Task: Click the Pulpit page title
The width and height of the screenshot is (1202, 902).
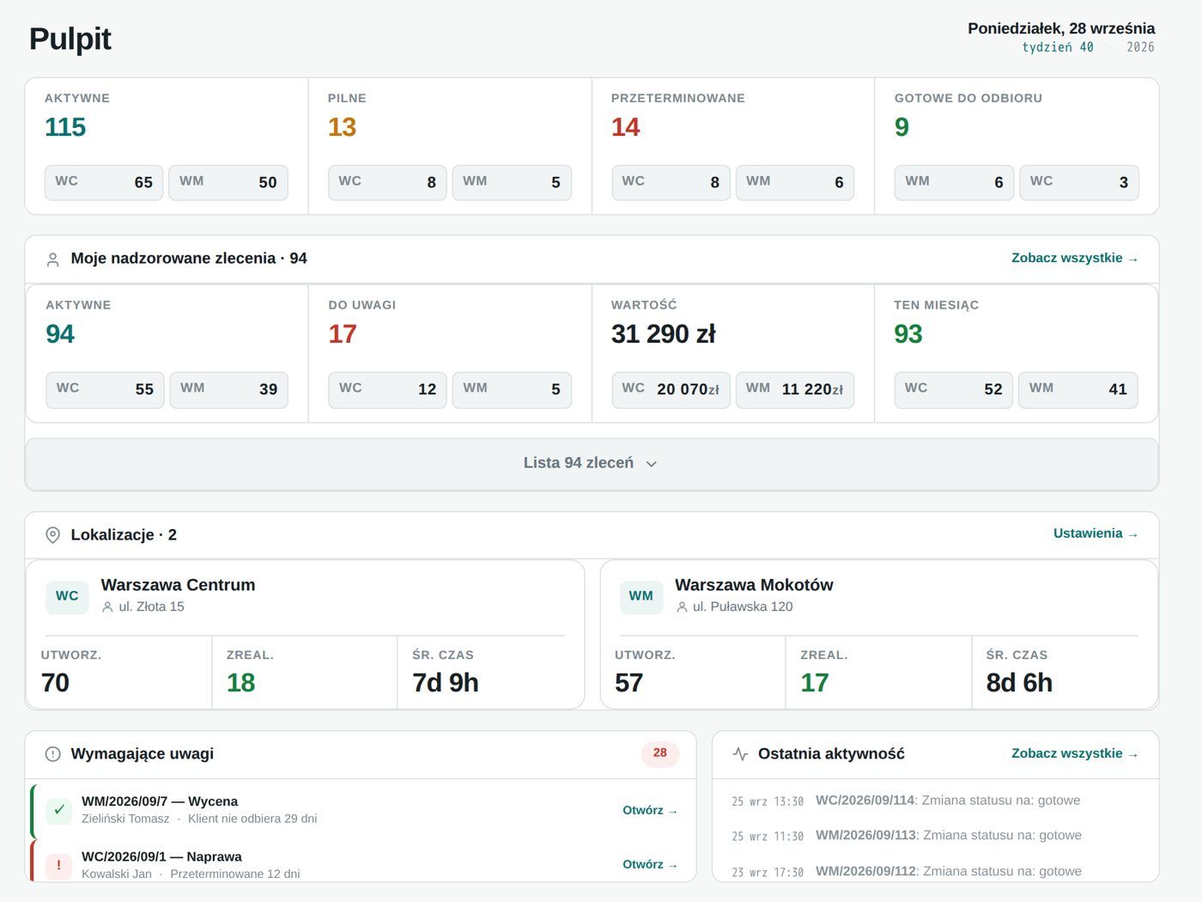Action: pyautogui.click(x=70, y=39)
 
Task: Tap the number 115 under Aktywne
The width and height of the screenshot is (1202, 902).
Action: pyautogui.click(x=65, y=127)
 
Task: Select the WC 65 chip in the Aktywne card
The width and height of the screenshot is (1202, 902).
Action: pyautogui.click(x=104, y=182)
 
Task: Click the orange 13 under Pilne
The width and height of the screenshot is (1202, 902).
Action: pyautogui.click(x=343, y=127)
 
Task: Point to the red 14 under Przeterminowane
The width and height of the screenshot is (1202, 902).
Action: pyautogui.click(x=625, y=127)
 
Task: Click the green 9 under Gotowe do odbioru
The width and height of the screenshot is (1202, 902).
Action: pyautogui.click(x=901, y=127)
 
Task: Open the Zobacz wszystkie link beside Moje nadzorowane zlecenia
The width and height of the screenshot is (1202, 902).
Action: pyautogui.click(x=1074, y=258)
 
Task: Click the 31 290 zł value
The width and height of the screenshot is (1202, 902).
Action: pyautogui.click(x=663, y=334)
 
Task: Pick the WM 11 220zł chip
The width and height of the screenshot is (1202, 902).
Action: pyautogui.click(x=794, y=389)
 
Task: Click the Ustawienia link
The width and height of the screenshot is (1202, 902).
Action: pyautogui.click(x=1096, y=533)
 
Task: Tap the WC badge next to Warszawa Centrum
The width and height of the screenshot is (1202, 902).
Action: pyautogui.click(x=67, y=596)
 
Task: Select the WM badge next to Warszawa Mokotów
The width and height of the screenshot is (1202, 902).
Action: pyautogui.click(x=641, y=596)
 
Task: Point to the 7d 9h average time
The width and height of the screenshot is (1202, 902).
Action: pyautogui.click(x=446, y=683)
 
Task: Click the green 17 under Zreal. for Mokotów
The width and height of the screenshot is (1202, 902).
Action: pyautogui.click(x=814, y=683)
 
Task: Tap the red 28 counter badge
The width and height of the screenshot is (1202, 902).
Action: pyautogui.click(x=660, y=753)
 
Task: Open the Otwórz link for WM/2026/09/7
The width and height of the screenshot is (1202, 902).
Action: pyautogui.click(x=650, y=811)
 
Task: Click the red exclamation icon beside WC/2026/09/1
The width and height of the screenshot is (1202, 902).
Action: pyautogui.click(x=59, y=866)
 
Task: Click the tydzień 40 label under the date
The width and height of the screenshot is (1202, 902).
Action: pyautogui.click(x=1058, y=47)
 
